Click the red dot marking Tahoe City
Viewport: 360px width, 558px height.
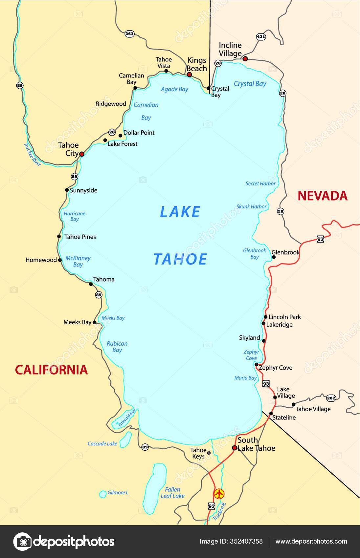tap(82, 154)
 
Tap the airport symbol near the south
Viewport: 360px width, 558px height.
tap(219, 493)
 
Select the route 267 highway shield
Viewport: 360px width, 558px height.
tap(129, 33)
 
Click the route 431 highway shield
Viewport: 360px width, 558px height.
tap(261, 37)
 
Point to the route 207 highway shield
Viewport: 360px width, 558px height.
tap(331, 398)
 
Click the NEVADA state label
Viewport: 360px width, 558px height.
tap(322, 196)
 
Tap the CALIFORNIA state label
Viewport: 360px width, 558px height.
tap(52, 370)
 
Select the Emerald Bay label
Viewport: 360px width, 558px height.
tap(127, 418)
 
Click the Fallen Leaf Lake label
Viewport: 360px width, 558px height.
tap(172, 493)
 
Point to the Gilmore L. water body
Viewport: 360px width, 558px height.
tap(102, 494)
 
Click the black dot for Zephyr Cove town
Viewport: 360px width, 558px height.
tap(256, 364)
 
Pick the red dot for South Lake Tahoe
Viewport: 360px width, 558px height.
tap(235, 448)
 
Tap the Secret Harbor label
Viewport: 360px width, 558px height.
tap(260, 183)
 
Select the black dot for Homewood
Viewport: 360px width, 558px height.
tap(60, 260)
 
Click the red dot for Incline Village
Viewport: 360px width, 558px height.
tap(245, 59)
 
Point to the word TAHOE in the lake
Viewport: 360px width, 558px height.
tap(180, 259)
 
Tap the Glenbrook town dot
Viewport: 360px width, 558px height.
tap(274, 257)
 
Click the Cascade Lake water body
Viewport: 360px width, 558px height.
tap(125, 440)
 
